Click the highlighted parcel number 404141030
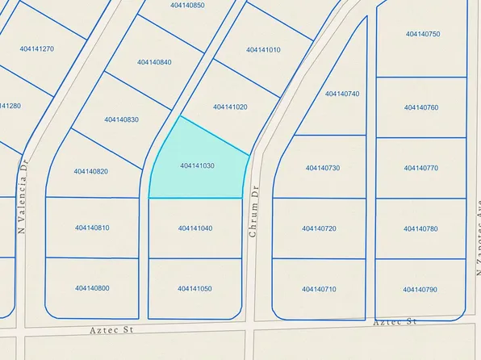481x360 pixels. click(197, 165)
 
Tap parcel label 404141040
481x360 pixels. click(195, 228)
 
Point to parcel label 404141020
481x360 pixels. click(230, 107)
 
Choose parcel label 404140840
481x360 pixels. click(154, 62)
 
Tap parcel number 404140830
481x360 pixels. click(121, 119)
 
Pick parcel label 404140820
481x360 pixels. click(91, 171)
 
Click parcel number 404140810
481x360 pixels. click(92, 228)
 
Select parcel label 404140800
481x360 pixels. click(92, 287)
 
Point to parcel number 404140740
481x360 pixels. click(342, 94)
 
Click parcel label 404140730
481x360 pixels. click(323, 168)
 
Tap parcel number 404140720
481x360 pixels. click(319, 228)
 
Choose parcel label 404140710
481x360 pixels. click(319, 288)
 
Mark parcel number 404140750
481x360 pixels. click(423, 34)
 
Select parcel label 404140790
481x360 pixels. click(420, 289)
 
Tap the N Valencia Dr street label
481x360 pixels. click(23, 195)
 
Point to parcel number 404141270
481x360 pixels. click(37, 48)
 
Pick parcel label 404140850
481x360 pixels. click(188, 6)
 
